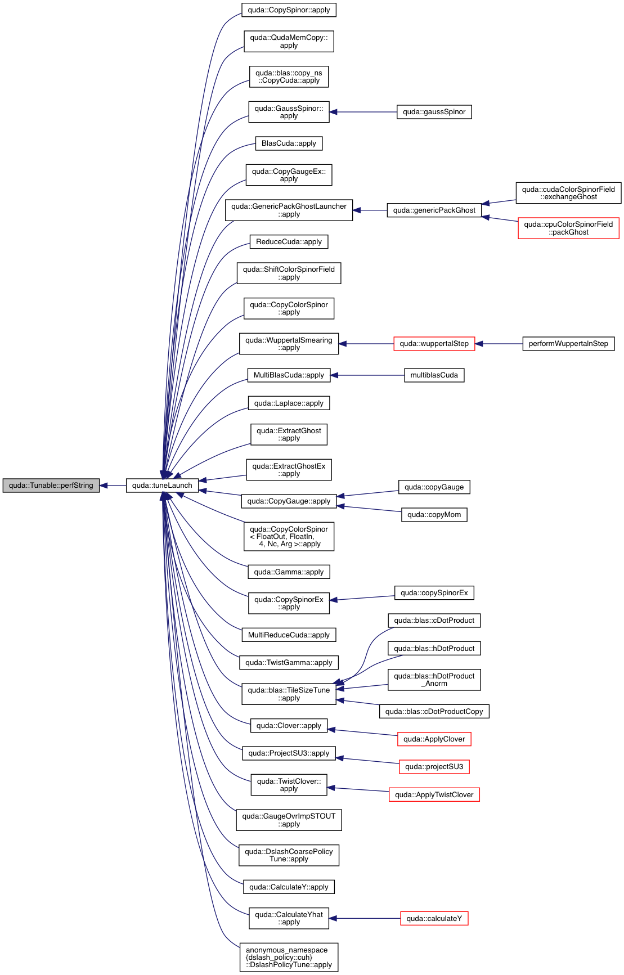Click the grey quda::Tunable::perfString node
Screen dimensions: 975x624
click(51, 486)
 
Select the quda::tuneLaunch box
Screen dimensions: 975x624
click(162, 486)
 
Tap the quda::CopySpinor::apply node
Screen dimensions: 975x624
click(289, 10)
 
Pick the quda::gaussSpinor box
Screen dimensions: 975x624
click(434, 112)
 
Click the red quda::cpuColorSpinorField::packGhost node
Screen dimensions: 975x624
click(568, 228)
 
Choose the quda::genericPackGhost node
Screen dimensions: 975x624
click(434, 210)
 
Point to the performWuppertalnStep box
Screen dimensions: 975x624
click(568, 344)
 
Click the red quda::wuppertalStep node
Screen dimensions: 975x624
click(434, 344)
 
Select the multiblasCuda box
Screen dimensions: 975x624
click(434, 375)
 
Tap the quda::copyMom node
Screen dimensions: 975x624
click(434, 515)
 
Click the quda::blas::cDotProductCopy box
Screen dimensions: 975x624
click(434, 712)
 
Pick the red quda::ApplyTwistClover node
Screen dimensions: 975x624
click(434, 795)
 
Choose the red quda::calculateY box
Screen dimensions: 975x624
click(434, 919)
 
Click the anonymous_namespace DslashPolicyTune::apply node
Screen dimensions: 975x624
click(289, 958)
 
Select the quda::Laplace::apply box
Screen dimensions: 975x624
click(289, 403)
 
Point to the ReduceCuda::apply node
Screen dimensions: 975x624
click(289, 242)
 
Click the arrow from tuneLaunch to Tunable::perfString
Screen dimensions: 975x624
click(113, 486)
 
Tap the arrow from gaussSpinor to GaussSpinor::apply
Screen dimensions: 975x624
click(363, 112)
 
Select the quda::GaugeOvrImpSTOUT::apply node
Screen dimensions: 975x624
click(289, 820)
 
